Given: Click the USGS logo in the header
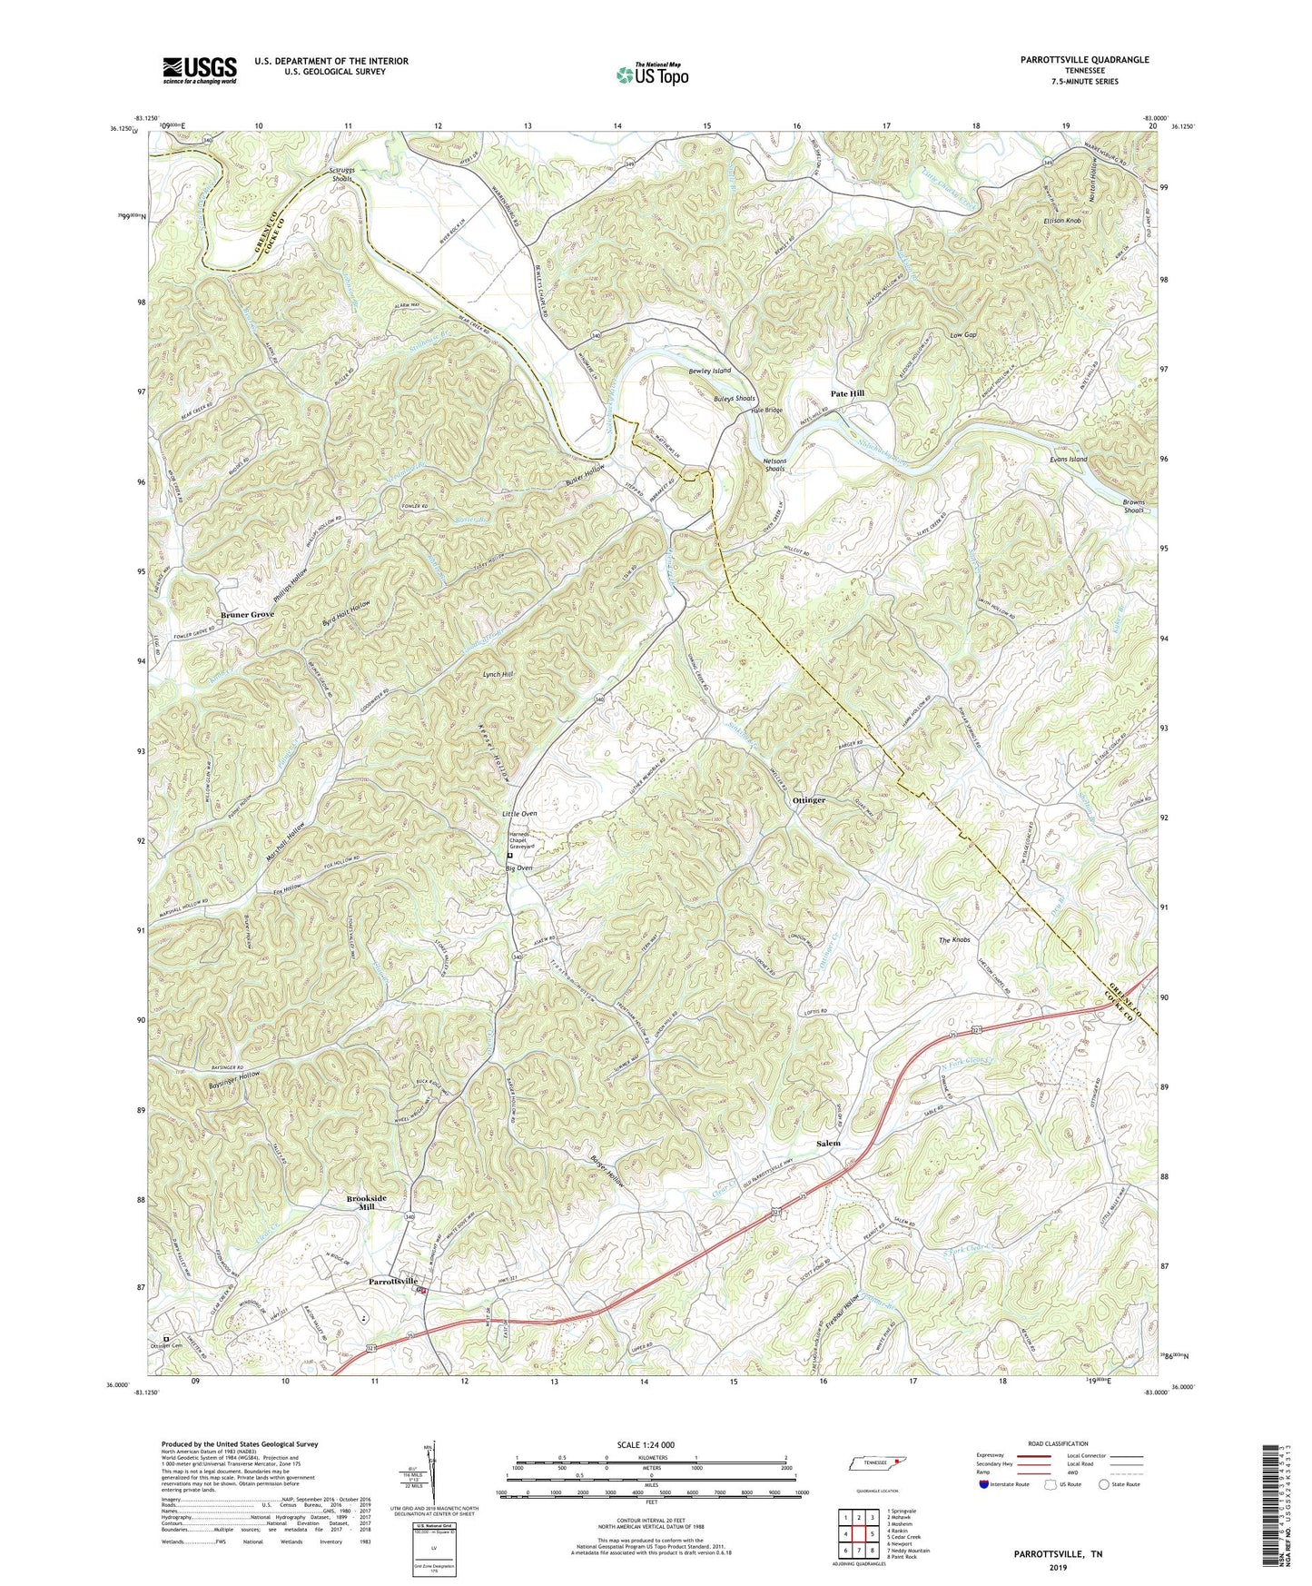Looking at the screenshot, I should click(x=200, y=70).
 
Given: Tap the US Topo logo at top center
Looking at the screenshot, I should click(x=651, y=74).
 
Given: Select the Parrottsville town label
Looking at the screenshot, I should click(x=392, y=1282).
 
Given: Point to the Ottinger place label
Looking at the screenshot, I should click(x=809, y=800).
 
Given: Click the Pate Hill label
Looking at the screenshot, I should click(x=847, y=393).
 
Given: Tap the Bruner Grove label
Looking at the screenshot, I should click(x=246, y=615).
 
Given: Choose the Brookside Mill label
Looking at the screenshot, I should click(x=366, y=1203).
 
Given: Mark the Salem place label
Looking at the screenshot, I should click(x=828, y=1144).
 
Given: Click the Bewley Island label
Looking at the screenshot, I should click(x=709, y=372).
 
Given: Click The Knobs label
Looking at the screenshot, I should click(x=954, y=940).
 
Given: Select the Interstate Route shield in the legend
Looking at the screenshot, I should click(x=983, y=1484).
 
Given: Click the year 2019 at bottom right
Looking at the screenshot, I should click(x=1058, y=1567).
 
